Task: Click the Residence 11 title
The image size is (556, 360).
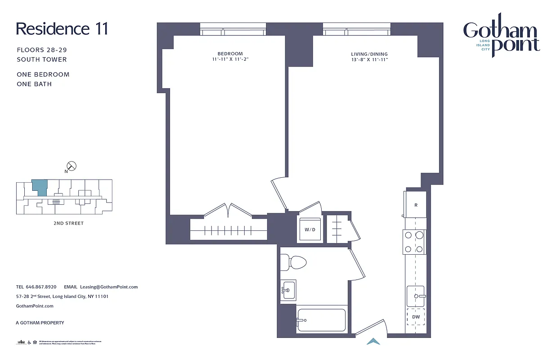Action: pyautogui.click(x=62, y=29)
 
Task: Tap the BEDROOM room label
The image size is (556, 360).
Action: pyautogui.click(x=230, y=54)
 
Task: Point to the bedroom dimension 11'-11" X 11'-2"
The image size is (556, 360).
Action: pyautogui.click(x=230, y=59)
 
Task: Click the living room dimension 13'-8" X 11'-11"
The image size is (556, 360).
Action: pyautogui.click(x=369, y=60)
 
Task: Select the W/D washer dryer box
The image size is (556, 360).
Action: pyautogui.click(x=310, y=229)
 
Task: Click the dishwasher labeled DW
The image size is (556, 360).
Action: pyautogui.click(x=416, y=317)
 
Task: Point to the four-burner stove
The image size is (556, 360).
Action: pyautogui.click(x=414, y=242)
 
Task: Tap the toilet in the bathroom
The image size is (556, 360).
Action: pyautogui.click(x=293, y=262)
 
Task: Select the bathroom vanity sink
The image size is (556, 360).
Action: pyautogui.click(x=288, y=289)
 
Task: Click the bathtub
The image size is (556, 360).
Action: pyautogui.click(x=321, y=320)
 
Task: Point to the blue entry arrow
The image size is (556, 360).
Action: pyautogui.click(x=373, y=342)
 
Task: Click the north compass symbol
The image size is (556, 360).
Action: pyautogui.click(x=71, y=166)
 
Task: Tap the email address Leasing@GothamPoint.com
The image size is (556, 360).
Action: pyautogui.click(x=108, y=287)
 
